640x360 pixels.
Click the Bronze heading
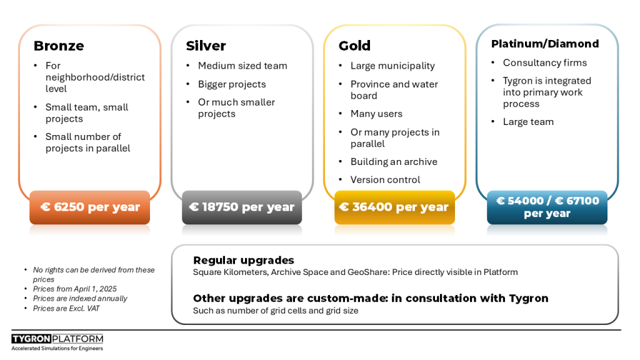(59, 46)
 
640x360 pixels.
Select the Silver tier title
(206, 46)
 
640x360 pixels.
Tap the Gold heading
(354, 46)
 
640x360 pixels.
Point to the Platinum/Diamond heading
(545, 44)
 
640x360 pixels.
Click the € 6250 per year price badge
(90, 207)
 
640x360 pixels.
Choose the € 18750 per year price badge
(242, 207)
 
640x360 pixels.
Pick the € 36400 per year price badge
(394, 207)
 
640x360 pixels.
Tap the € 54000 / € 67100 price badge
(547, 207)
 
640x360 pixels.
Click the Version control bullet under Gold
(385, 179)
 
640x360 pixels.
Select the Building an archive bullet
(394, 162)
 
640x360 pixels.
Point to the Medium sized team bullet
(242, 66)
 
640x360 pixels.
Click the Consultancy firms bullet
(545, 63)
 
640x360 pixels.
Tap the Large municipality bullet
(392, 66)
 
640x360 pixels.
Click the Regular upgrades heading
(244, 260)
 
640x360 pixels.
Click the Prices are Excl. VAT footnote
(66, 309)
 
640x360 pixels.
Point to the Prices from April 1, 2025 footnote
(75, 289)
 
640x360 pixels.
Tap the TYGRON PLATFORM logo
(57, 339)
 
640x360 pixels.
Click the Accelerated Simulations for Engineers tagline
(57, 348)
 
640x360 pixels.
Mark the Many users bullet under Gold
(376, 114)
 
